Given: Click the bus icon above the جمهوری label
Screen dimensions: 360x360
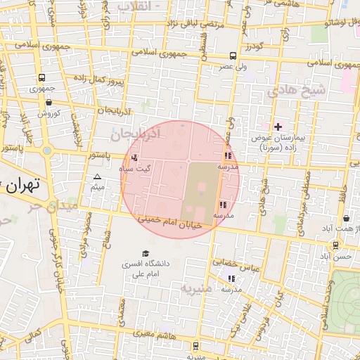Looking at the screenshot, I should [43, 78].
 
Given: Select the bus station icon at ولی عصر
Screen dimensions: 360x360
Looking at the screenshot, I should [233, 56].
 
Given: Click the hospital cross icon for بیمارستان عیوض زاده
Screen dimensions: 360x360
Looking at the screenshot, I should [278, 127].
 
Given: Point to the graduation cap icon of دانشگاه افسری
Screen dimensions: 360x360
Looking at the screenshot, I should [146, 253].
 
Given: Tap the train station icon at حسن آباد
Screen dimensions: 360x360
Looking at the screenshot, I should [335, 245].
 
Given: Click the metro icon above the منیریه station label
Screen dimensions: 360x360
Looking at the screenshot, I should [195, 345].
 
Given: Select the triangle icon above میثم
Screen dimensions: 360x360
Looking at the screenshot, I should [98, 176].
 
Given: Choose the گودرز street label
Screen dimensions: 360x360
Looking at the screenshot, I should [254, 46].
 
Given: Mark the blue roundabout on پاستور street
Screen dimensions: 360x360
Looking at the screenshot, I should [46, 149].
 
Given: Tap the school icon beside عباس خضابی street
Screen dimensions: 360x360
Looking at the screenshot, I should [231, 279].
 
